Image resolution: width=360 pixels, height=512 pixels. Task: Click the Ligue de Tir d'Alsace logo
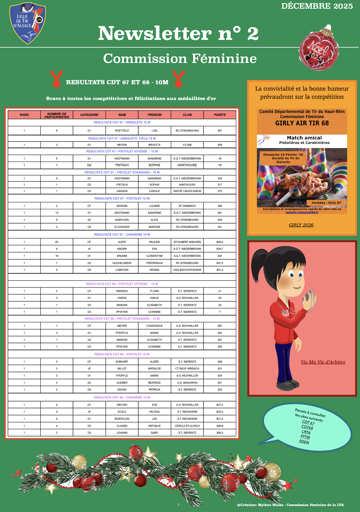tap(28, 23)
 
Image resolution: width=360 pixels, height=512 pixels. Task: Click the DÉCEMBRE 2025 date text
tap(317, 6)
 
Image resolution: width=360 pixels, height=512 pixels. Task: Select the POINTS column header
tap(220, 115)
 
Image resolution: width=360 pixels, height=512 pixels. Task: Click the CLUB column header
tap(187, 115)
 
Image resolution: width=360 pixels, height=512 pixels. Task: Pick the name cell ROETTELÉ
tap(122, 131)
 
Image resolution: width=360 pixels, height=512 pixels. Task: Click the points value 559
tap(220, 145)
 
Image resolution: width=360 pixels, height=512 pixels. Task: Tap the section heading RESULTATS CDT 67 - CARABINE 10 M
tap(122, 235)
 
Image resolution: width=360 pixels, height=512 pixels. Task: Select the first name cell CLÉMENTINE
tap(154, 256)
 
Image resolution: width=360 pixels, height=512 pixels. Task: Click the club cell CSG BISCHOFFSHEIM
tap(187, 270)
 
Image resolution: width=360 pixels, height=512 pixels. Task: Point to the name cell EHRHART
tap(122, 362)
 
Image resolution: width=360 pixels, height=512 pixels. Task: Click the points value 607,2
tap(220, 405)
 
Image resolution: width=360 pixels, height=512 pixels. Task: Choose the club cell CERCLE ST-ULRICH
tap(187, 426)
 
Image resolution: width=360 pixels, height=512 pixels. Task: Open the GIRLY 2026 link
tap(301, 225)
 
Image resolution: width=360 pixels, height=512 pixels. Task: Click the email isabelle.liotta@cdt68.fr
tap(302, 212)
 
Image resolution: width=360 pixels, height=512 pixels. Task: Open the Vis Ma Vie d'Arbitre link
tap(323, 362)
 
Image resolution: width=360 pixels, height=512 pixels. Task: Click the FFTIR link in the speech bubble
tap(305, 437)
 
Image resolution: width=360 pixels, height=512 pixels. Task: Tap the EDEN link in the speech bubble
tap(304, 442)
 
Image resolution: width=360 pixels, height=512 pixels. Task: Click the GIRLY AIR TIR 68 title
tap(302, 123)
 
